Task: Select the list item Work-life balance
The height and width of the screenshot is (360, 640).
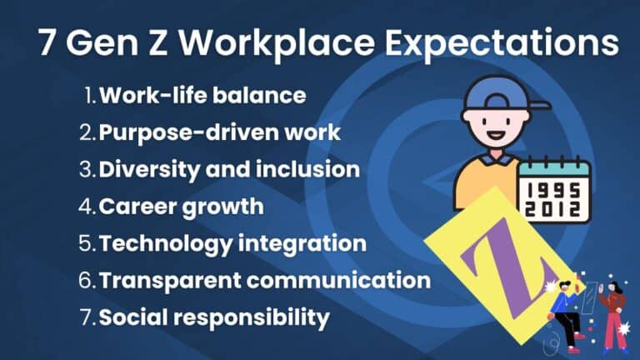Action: pos(202,95)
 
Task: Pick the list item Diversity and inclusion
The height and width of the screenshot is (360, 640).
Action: pos(229,169)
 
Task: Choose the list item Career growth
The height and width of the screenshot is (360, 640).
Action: pos(181,206)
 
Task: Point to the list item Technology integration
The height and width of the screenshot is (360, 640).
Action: pos(232,243)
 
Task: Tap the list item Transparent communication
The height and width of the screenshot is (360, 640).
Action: pos(264,280)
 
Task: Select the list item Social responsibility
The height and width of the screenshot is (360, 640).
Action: pos(214,317)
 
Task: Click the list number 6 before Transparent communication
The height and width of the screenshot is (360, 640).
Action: pos(88,280)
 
